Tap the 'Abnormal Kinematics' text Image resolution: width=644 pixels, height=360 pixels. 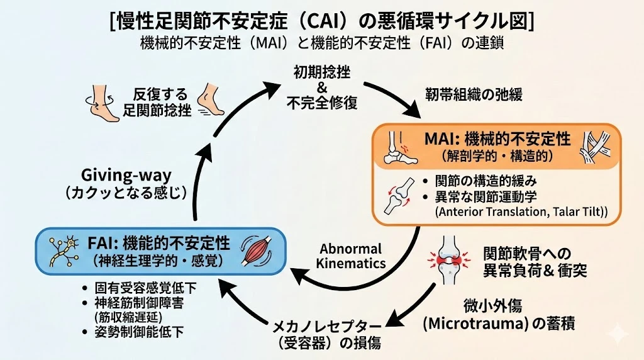351,256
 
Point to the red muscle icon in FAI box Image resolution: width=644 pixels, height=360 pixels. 259,250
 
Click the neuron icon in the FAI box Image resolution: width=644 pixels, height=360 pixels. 60,250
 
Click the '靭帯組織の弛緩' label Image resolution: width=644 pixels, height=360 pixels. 474,96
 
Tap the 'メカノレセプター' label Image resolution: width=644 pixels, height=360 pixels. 326,327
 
